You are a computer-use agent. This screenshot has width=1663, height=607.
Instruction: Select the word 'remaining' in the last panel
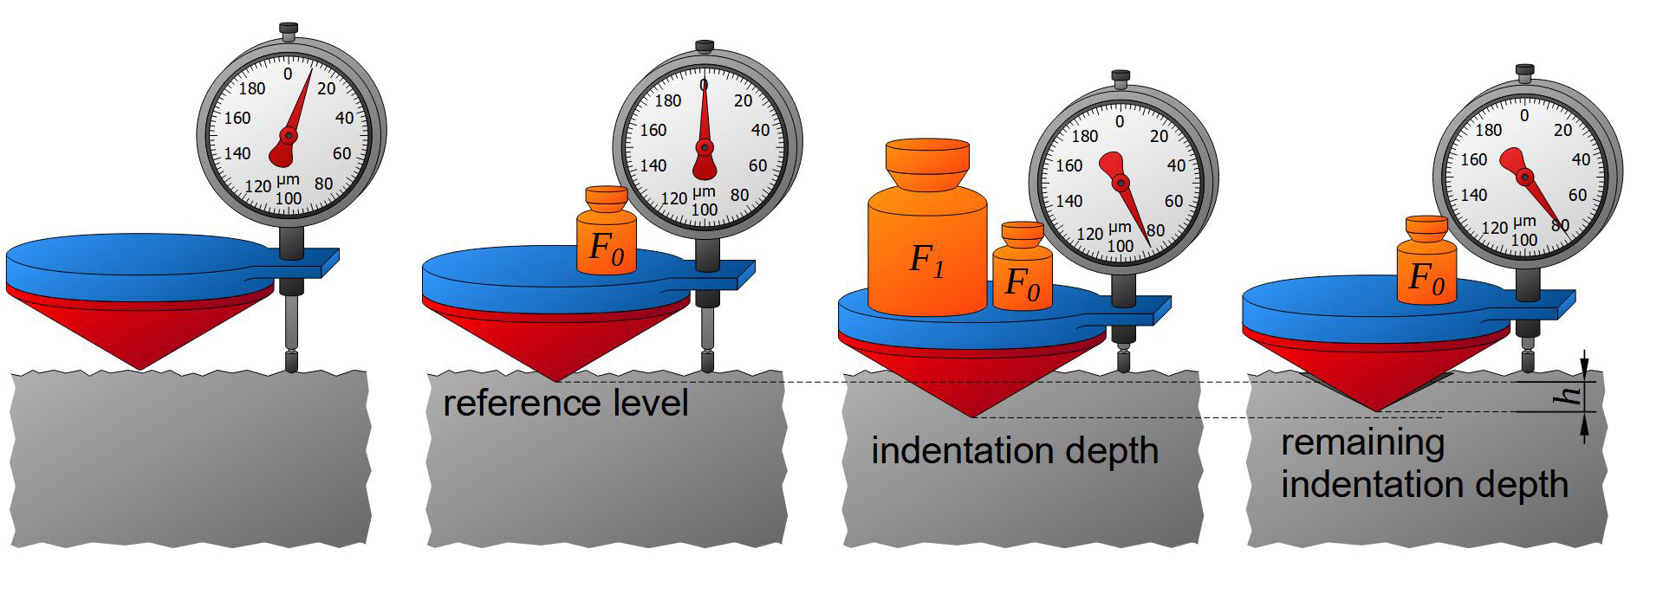tap(1362, 442)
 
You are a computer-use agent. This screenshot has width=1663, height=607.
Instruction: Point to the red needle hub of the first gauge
tap(289, 136)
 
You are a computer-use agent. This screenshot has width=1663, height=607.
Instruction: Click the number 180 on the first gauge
tap(252, 88)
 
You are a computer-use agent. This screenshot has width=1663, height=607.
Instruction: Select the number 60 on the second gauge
tap(757, 165)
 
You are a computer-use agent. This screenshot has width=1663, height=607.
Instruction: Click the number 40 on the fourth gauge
tap(1581, 159)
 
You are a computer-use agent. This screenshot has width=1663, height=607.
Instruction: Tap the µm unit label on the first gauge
tap(288, 181)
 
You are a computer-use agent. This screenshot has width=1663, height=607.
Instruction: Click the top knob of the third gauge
tap(1121, 77)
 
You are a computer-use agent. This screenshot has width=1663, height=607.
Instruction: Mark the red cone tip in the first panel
tap(140, 367)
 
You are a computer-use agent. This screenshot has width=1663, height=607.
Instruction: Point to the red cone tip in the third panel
tap(972, 415)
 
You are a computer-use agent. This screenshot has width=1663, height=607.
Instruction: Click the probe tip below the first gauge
tap(291, 363)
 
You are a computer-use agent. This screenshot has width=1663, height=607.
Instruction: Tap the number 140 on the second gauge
tap(653, 165)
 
